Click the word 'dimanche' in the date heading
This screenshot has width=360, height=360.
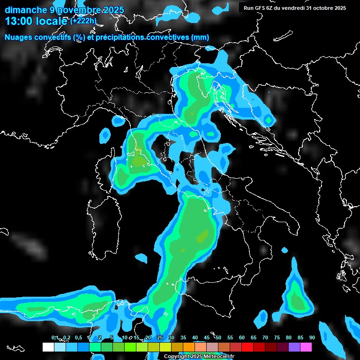tap(23, 9)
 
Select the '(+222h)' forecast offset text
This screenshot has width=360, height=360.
tap(83, 21)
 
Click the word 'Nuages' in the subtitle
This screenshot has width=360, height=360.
tap(19, 37)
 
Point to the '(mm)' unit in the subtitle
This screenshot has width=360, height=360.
tap(201, 37)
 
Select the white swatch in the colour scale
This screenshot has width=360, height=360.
tap(48, 347)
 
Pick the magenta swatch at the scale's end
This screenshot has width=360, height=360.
tap(306, 347)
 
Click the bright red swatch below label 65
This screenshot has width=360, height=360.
tap(247, 347)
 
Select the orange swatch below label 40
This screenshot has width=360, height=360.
tap(189, 347)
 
